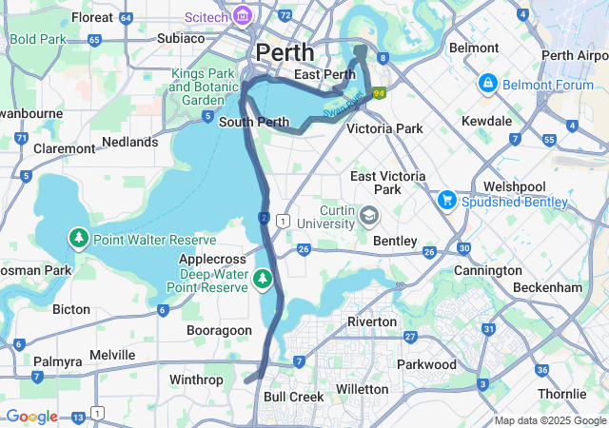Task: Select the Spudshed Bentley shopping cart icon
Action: coord(446,200)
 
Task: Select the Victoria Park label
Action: coord(383,127)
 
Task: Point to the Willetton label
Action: coord(363,389)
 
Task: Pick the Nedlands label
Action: coord(129,142)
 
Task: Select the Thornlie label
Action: coord(560,394)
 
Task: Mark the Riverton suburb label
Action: coord(371,321)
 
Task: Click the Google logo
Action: coord(31,417)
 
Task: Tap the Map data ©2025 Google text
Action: coord(550,420)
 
